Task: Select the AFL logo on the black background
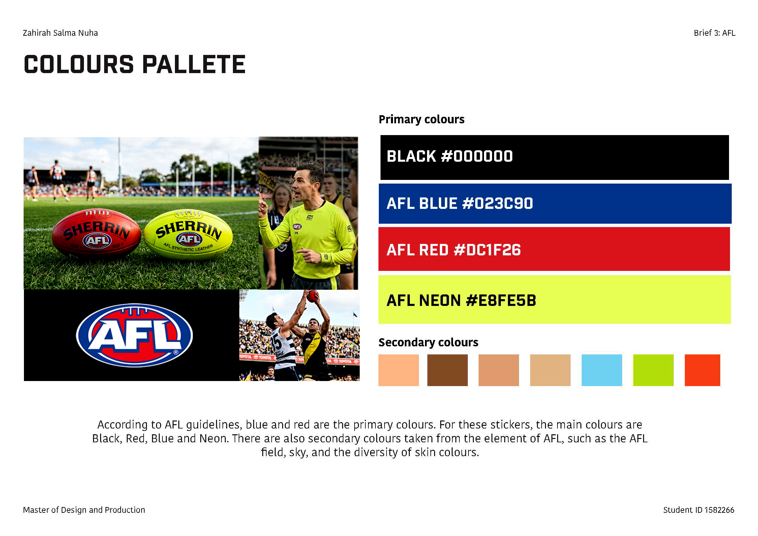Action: point(134,335)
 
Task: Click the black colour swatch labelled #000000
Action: point(554,157)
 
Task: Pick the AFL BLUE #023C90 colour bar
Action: point(555,203)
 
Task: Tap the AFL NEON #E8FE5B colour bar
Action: point(554,299)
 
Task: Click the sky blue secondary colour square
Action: point(602,370)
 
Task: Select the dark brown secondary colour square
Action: point(447,370)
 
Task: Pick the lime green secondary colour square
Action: point(653,370)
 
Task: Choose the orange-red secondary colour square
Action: point(702,370)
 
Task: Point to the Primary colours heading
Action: point(421,119)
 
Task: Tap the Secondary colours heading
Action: point(428,342)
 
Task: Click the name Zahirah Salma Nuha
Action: point(60,33)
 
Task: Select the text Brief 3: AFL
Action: point(714,33)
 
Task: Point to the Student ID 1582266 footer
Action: point(698,510)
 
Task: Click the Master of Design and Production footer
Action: point(84,510)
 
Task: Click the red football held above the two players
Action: point(312,296)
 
